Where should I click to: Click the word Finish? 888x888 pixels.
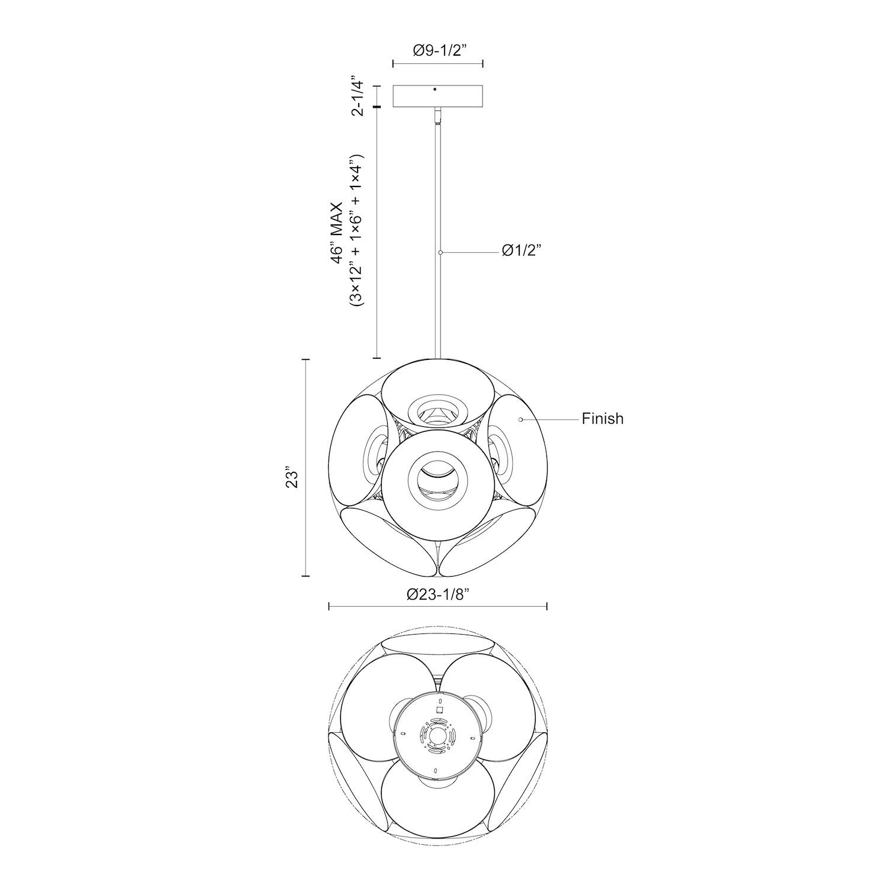point(603,419)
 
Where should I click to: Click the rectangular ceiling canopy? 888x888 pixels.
point(439,96)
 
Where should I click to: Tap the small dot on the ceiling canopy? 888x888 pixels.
point(435,90)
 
